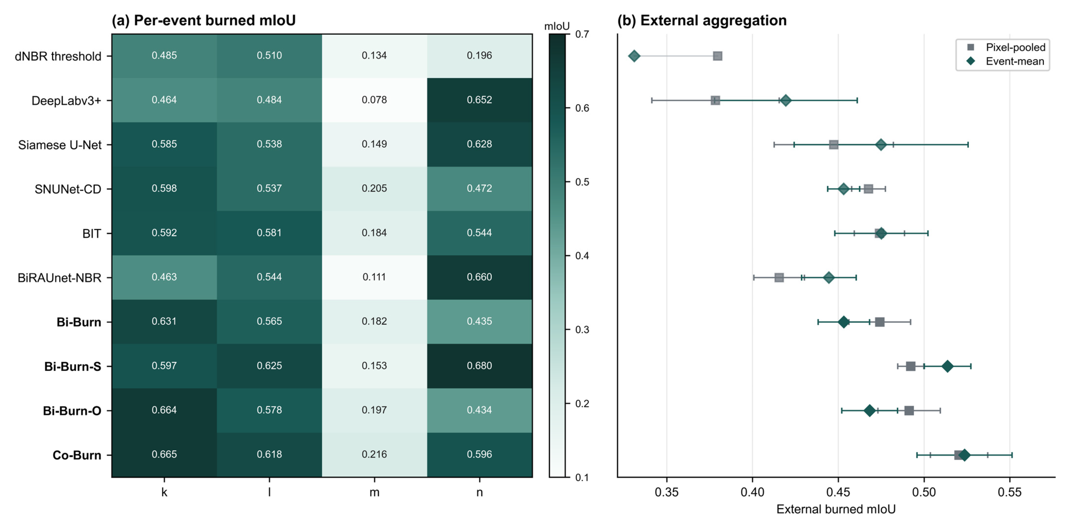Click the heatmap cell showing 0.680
(479, 366)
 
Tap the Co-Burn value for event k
(164, 454)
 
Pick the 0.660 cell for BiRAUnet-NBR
(479, 277)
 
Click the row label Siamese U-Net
(60, 145)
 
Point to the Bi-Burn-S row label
(73, 366)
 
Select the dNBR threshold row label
(58, 56)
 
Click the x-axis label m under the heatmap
(374, 492)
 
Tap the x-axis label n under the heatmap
(479, 492)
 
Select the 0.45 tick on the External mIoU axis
(838, 492)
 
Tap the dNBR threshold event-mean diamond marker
(634, 56)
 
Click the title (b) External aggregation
(702, 20)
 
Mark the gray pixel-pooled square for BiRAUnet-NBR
(779, 278)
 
